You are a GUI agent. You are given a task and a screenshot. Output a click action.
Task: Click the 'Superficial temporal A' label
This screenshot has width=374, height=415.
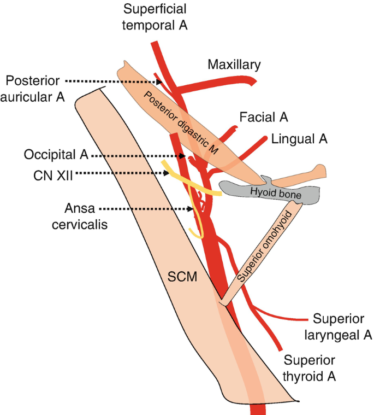pos(155,17)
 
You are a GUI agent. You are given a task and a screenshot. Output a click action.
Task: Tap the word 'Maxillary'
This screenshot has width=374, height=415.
pos(234,65)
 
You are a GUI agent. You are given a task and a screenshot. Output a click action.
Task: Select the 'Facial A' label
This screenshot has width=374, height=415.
pos(264,117)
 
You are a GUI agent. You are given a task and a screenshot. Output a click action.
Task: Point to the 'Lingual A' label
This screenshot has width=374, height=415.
pos(299,139)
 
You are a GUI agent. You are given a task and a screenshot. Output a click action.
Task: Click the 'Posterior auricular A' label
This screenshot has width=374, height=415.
pos(33,89)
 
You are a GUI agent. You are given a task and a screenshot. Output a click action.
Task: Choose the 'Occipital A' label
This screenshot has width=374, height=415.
pos(56,154)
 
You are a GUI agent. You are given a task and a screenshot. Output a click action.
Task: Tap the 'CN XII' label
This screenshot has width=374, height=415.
pos(53,175)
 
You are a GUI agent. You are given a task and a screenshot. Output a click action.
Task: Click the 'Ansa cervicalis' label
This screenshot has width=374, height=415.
pos(80,217)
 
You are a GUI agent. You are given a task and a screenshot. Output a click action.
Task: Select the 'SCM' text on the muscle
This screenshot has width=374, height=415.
pos(182,277)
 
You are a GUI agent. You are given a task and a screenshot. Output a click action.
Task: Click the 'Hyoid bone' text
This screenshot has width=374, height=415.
pos(276,193)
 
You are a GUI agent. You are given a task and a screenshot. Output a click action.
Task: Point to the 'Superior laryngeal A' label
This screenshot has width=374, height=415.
pos(339,327)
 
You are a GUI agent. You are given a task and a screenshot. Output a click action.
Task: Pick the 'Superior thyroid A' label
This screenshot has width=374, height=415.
pos(309,368)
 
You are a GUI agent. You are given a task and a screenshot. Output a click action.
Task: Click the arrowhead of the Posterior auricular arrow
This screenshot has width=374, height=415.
pos(159,82)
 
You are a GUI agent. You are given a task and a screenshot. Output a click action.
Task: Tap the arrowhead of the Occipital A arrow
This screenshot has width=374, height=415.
pos(182,156)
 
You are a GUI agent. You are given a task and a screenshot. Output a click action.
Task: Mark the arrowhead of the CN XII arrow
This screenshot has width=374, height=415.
pos(166,173)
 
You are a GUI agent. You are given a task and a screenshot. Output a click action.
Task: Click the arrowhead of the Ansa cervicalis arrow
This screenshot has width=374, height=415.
pos(190,209)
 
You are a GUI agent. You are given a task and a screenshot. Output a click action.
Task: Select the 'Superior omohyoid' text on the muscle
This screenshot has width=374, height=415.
pos(265,246)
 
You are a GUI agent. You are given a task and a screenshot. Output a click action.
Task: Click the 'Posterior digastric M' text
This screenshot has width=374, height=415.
pos(181,123)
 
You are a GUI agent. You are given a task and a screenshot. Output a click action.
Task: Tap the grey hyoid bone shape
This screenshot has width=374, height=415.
pos(270,191)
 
